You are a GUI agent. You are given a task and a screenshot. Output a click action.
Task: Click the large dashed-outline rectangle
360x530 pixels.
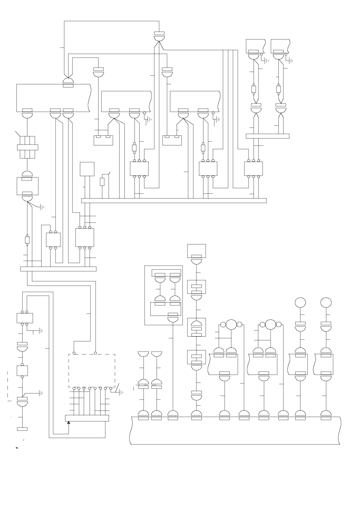click(91, 371)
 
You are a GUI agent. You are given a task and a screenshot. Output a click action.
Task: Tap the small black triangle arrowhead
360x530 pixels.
click(69, 422)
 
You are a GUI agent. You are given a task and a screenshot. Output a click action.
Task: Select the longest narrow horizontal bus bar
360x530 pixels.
click(174, 201)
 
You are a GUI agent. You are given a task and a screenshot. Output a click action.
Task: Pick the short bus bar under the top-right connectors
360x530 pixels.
click(267, 136)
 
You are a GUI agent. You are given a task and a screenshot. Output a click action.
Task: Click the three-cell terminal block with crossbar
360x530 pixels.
click(27, 147)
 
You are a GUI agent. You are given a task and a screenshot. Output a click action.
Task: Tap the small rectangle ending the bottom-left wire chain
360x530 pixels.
click(22, 429)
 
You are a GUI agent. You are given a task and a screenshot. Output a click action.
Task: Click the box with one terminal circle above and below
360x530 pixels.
click(22, 371)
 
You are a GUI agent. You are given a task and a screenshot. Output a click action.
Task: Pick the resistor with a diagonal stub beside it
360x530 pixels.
click(102, 182)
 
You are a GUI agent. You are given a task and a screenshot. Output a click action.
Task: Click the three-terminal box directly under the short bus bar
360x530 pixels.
click(253, 169)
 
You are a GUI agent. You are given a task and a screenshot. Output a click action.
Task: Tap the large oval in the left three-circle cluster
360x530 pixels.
click(231, 324)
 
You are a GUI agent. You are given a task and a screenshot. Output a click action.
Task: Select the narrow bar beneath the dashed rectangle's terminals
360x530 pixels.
click(87, 418)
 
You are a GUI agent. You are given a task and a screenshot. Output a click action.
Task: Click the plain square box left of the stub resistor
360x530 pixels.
click(87, 169)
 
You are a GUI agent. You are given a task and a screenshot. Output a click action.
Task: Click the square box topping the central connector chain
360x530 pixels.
click(196, 251)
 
